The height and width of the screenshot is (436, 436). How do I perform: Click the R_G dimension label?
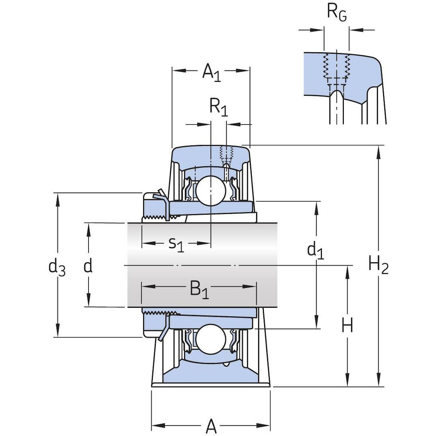click(x=336, y=13)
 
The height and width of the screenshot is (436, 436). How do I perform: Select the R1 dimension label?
click(x=218, y=107)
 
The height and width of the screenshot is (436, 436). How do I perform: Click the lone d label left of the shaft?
click(x=88, y=266)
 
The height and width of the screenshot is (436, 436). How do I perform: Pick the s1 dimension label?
click(x=176, y=244)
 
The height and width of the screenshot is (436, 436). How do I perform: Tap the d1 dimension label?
click(x=316, y=250)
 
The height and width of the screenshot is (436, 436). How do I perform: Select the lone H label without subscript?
click(x=347, y=326)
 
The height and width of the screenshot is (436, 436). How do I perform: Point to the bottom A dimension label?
click(x=211, y=426)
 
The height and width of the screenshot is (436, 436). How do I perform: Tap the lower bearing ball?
click(x=210, y=338)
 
